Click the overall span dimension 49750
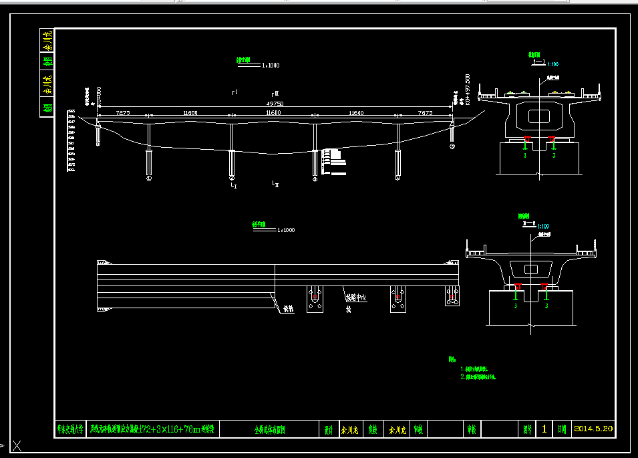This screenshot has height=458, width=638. click(275, 104)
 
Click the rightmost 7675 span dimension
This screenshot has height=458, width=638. click(424, 114)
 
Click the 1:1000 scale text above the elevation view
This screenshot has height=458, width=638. click(271, 66)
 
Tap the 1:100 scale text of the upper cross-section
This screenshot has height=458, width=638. click(552, 64)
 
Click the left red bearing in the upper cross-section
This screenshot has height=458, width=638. click(527, 140)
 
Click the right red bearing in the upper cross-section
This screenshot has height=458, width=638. click(551, 140)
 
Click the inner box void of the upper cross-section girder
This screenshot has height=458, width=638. click(538, 116)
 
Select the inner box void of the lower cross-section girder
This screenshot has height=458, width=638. click(531, 269)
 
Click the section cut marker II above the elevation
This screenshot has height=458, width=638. click(275, 94)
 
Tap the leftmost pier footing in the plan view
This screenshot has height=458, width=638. click(316, 299)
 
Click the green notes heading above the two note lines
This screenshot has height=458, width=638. click(452, 360)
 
